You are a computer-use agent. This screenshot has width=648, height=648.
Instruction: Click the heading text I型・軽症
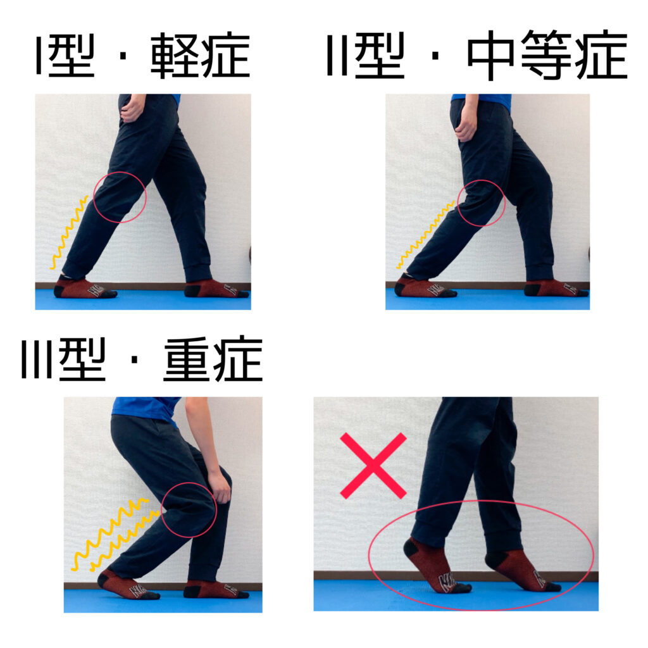tap(142, 56)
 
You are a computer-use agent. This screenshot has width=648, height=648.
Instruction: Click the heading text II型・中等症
tap(477, 56)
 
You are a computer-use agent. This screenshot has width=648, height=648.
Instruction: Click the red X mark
tap(373, 465)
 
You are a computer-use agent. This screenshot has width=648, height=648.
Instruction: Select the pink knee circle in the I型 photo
tap(120, 197)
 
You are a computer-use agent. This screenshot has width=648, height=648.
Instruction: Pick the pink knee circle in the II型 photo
tap(481, 203)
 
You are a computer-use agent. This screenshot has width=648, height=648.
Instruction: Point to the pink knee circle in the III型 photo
tap(189, 510)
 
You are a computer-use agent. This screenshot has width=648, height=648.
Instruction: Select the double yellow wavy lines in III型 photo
tap(114, 535)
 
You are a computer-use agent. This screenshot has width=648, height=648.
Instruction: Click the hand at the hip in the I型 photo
tap(133, 109)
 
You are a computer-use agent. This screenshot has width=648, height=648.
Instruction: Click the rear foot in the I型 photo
tap(84, 289)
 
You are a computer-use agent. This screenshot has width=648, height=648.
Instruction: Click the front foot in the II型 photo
tap(555, 289)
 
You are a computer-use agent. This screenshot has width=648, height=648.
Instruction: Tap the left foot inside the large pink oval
tap(436, 566)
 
